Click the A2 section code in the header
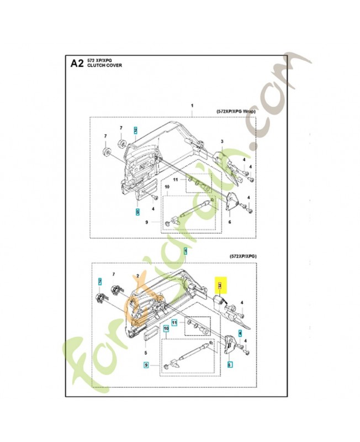click(77, 62)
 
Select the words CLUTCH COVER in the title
click(105, 65)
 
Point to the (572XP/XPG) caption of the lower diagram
click(243, 257)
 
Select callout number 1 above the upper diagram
click(192, 106)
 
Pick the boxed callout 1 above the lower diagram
click(186, 251)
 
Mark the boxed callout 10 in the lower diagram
click(165, 329)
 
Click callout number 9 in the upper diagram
click(147, 222)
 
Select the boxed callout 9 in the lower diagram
click(146, 365)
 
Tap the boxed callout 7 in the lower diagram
click(99, 282)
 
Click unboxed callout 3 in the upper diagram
click(221, 142)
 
